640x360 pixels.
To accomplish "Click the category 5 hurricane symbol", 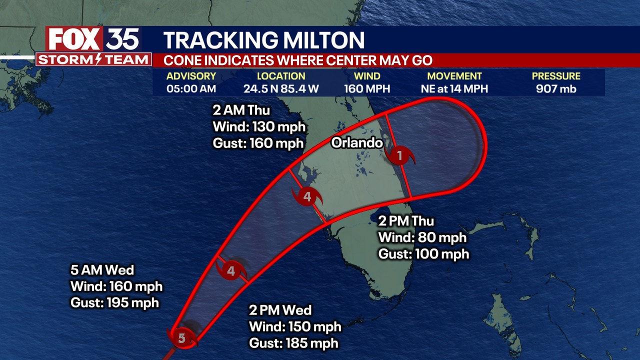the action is (x=182, y=338).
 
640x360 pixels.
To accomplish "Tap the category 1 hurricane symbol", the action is (x=399, y=155).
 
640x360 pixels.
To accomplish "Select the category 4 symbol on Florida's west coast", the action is (x=307, y=196).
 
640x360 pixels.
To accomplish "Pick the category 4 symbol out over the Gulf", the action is (x=231, y=271).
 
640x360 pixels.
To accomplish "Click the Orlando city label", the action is (x=357, y=142).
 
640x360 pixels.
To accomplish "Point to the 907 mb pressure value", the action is (x=556, y=89).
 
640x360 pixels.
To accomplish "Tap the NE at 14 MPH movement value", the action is (x=454, y=89).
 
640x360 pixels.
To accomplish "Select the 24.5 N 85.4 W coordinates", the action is (x=281, y=89).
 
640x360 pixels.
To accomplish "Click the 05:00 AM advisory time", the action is (x=191, y=89).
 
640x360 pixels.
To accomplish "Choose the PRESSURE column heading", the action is (x=556, y=76).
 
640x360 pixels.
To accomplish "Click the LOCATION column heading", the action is (x=281, y=76).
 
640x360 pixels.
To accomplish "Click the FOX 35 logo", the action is (x=93, y=39).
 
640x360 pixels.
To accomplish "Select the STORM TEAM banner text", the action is (x=93, y=60).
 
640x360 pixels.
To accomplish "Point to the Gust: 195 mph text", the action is (x=115, y=302).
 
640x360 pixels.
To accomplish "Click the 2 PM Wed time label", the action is (x=280, y=310).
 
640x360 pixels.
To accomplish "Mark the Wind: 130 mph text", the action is (x=259, y=126).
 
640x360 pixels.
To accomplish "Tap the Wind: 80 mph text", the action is (x=422, y=237).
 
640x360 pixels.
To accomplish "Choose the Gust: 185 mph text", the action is (x=293, y=343).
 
